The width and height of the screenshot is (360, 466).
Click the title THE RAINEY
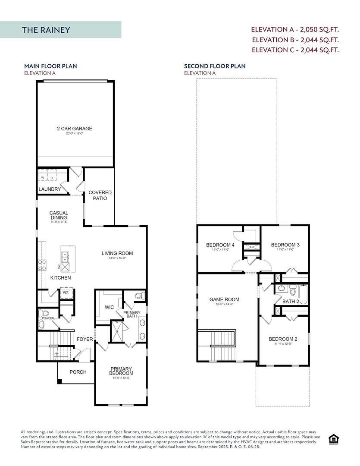(x=46, y=30)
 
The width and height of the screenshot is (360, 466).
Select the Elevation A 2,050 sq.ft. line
(x=295, y=30)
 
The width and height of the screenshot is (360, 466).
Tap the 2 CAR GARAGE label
(x=75, y=129)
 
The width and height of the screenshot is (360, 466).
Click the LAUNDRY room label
(x=50, y=189)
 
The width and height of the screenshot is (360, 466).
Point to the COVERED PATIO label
(x=100, y=195)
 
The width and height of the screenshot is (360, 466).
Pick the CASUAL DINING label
(x=59, y=215)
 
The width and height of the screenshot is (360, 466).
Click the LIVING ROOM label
(x=117, y=253)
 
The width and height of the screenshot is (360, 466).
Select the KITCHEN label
(x=60, y=278)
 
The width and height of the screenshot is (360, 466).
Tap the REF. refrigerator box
(x=66, y=293)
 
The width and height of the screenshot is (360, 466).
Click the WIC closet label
(x=109, y=308)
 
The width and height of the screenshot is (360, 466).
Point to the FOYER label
(x=85, y=339)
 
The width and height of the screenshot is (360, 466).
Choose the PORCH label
(x=78, y=372)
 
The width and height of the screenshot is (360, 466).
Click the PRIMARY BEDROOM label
(x=121, y=371)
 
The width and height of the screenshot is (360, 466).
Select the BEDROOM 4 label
(x=220, y=245)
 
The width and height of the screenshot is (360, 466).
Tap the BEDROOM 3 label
(x=285, y=245)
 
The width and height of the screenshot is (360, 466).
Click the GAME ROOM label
(x=224, y=299)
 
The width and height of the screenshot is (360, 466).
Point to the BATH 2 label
(x=291, y=301)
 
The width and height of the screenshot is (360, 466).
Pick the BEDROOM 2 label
(x=283, y=339)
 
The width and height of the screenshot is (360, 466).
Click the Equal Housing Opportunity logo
(x=333, y=439)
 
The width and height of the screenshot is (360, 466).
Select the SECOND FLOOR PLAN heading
(x=215, y=66)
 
